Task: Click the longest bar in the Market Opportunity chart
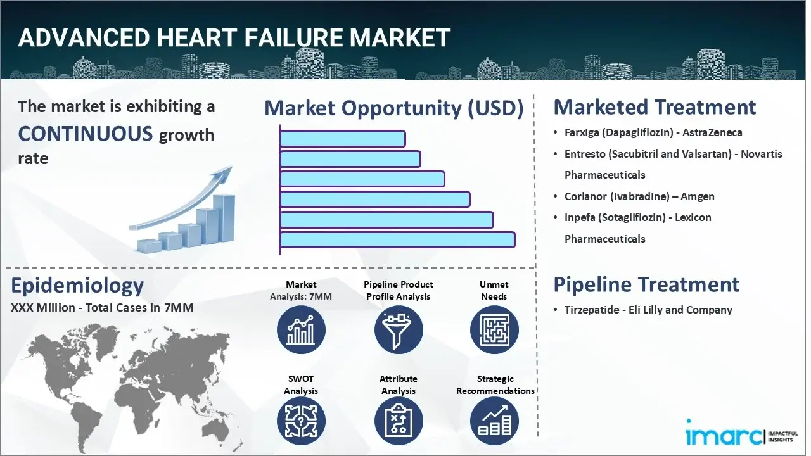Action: coord(397,239)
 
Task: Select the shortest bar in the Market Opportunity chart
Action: coord(342,138)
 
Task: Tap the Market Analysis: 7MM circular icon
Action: coord(301,329)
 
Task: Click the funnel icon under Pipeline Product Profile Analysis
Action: coord(398,329)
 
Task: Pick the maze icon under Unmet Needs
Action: coord(494,329)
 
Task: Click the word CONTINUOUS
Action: coord(86,134)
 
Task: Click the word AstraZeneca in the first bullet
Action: coord(713,132)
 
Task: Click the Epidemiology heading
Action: coord(77,286)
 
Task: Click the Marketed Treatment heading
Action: coord(655,107)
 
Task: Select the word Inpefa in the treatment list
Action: coord(580,217)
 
